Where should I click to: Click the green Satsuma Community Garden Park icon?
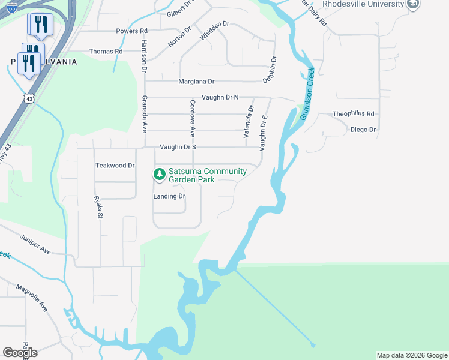[159, 174]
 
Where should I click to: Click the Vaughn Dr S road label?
[178, 147]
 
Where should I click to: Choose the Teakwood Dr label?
[115, 165]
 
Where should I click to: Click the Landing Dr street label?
[169, 196]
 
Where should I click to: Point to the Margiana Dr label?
[196, 82]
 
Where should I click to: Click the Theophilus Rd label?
[354, 113]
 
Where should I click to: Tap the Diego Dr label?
[363, 130]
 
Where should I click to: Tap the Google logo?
[20, 352]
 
